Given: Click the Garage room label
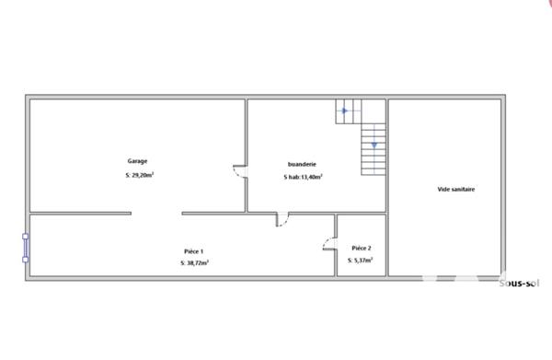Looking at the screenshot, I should tap(137, 160).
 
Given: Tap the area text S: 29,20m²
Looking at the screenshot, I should tap(139, 175).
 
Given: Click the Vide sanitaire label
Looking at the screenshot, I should tap(455, 190).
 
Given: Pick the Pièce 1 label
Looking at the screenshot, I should tap(193, 250).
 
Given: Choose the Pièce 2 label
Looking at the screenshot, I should tap(362, 248).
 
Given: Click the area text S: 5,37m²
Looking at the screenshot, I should tap(362, 261).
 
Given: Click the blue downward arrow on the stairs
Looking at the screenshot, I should tap(374, 145).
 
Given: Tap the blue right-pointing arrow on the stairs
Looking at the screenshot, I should tap(344, 111).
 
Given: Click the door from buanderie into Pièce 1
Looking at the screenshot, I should tap(282, 219).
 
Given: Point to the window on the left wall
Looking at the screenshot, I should tap(26, 247).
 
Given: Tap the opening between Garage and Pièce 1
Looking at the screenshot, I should tap(155, 214).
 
